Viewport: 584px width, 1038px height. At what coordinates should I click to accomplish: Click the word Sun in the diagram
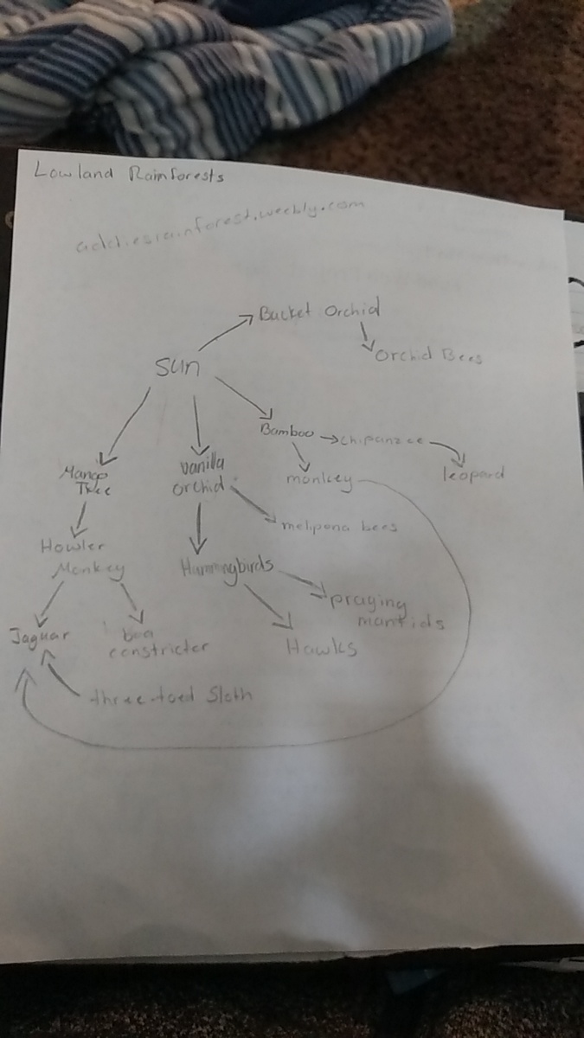(x=177, y=367)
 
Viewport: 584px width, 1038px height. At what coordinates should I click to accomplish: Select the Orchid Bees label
(x=426, y=356)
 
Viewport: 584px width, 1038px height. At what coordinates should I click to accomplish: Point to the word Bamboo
(x=286, y=430)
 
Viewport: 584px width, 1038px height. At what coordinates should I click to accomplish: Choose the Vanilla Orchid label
(x=198, y=477)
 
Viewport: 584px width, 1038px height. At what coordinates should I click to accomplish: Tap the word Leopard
(x=472, y=474)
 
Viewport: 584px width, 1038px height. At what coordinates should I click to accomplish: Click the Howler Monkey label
(x=84, y=557)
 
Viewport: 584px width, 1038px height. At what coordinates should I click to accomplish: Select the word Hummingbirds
(x=227, y=567)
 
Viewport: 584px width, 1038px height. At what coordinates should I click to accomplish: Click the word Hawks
(x=321, y=646)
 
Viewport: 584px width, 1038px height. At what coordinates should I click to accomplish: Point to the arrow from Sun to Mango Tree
(x=126, y=426)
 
